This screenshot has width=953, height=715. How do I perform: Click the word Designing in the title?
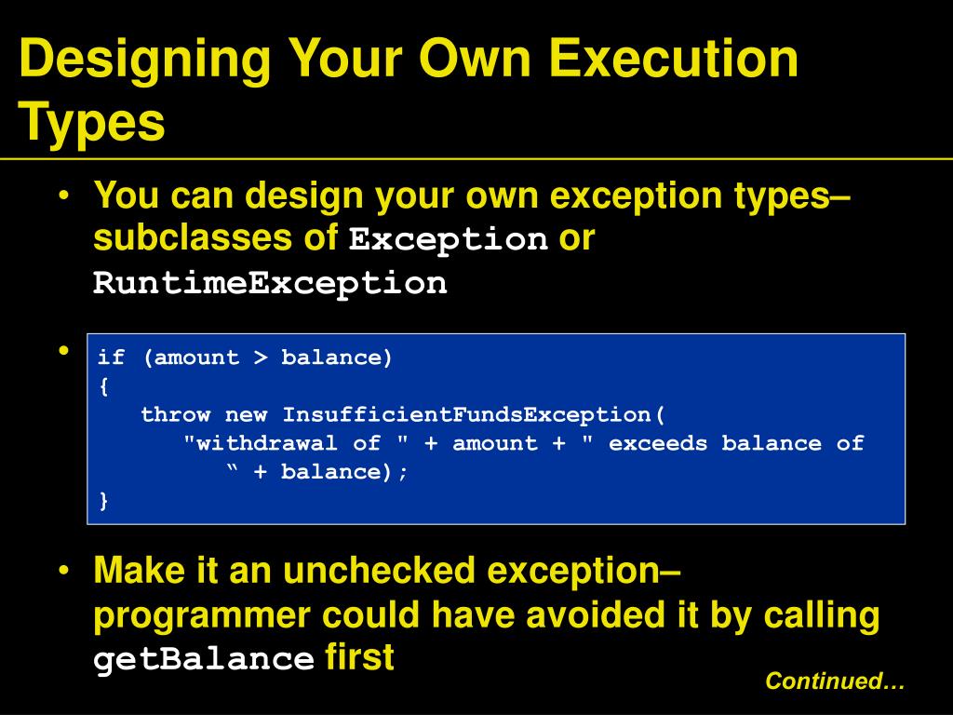point(145,60)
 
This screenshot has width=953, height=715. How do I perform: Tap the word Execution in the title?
point(673,58)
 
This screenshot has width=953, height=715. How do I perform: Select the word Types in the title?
point(92,122)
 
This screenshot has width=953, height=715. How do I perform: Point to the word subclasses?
point(193,237)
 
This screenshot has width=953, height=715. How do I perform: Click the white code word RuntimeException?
point(270,283)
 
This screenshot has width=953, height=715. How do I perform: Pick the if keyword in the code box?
point(112,357)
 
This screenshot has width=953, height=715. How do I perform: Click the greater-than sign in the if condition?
point(261,357)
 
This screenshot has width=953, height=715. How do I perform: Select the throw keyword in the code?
point(176,414)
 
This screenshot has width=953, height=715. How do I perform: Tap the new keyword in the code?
point(246,415)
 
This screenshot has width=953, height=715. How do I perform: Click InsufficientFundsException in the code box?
point(467,414)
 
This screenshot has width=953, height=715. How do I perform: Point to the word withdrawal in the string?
point(266,443)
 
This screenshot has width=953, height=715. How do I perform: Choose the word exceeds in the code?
point(658,444)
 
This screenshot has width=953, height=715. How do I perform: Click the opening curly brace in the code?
point(104,386)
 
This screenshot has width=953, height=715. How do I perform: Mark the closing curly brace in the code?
point(104,500)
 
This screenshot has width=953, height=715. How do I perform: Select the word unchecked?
point(379,571)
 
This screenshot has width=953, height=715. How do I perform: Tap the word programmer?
point(202,616)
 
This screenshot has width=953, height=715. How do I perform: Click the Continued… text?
point(835,681)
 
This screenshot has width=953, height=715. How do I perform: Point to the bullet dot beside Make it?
point(64,571)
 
